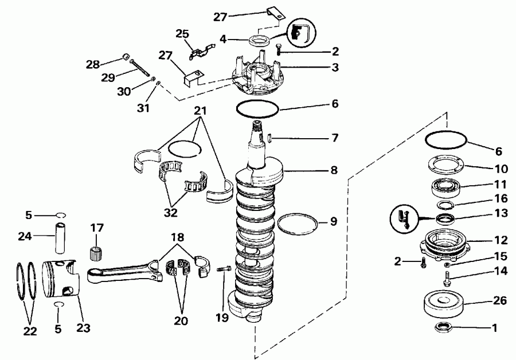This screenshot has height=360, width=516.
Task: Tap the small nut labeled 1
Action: [443, 328]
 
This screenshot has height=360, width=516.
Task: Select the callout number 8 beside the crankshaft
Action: [334, 170]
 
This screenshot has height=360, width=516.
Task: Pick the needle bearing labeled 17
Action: [97, 251]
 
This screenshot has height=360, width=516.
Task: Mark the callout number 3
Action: [335, 68]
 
